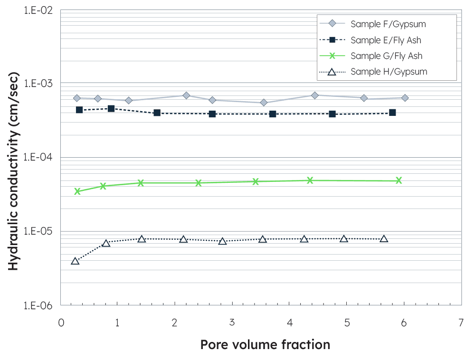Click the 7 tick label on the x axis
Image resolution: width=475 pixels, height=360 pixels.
[x=461, y=322]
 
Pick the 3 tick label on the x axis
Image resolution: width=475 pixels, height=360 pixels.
[x=232, y=322]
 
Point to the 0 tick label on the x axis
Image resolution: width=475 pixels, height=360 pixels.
[x=60, y=322]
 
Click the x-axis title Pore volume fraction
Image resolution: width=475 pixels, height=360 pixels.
[x=265, y=344]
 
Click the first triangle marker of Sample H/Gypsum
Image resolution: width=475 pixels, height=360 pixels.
[x=75, y=261]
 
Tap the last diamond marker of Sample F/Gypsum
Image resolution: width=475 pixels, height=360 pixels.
[x=405, y=98]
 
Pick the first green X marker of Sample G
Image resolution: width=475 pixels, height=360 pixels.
[x=77, y=191]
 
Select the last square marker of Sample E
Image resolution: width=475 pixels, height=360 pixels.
[x=392, y=113]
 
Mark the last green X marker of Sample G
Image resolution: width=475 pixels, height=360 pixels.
[x=399, y=180]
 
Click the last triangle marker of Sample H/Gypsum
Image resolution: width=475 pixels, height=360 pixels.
[x=384, y=239]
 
